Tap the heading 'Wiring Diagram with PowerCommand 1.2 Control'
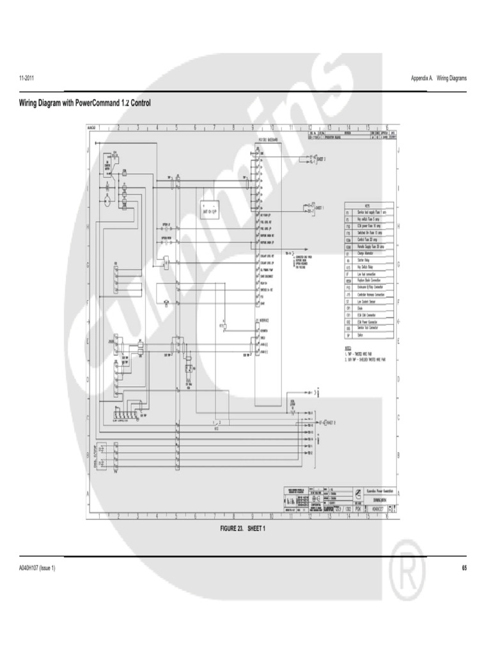(x=86, y=102)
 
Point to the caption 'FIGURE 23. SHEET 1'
(x=242, y=529)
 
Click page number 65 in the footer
(x=464, y=568)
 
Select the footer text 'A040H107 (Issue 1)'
(x=37, y=568)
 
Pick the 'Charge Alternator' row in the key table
(x=367, y=253)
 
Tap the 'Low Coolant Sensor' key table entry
(x=368, y=301)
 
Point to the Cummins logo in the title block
(x=360, y=494)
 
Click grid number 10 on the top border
(x=272, y=127)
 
